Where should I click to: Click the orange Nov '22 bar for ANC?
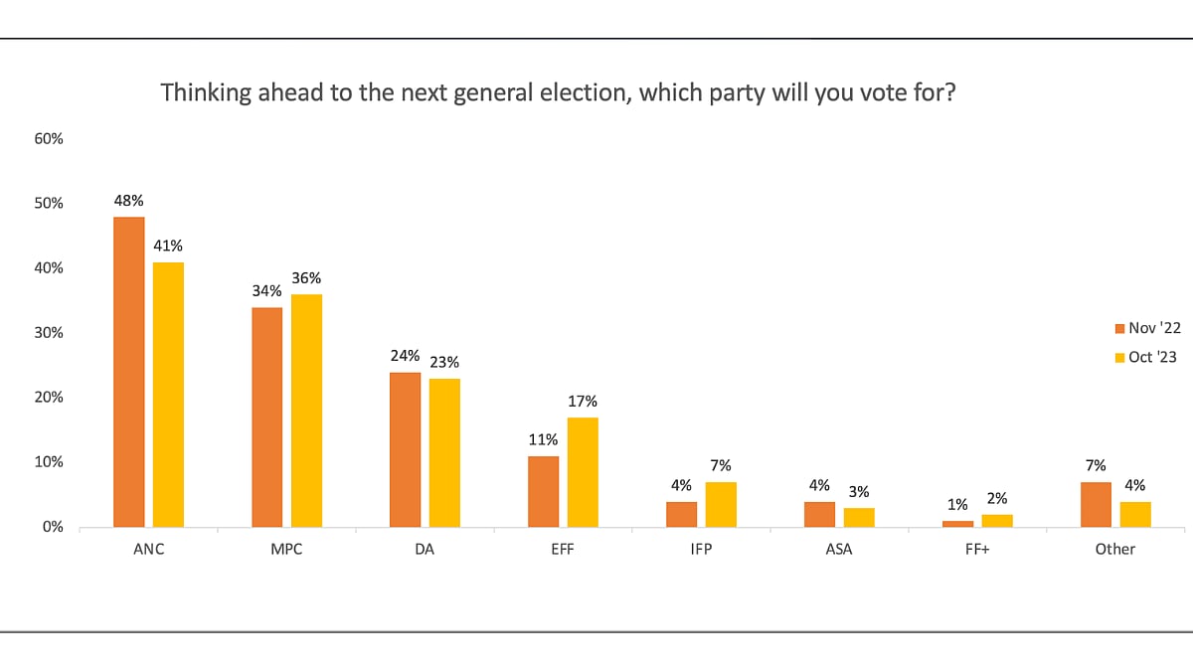tap(129, 372)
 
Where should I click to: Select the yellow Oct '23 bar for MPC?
tap(306, 411)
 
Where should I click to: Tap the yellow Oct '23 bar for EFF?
tap(583, 472)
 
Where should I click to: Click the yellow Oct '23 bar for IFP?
tap(721, 504)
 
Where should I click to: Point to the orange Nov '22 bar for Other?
tap(1096, 504)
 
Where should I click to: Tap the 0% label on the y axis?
tap(53, 527)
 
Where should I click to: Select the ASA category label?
tap(838, 549)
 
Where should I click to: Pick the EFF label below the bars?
tap(563, 549)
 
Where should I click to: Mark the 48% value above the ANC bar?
tap(129, 200)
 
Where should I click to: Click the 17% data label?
tap(583, 401)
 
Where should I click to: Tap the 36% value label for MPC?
tap(306, 278)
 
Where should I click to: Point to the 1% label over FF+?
tap(957, 504)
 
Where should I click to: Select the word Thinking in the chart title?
tap(200, 93)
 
